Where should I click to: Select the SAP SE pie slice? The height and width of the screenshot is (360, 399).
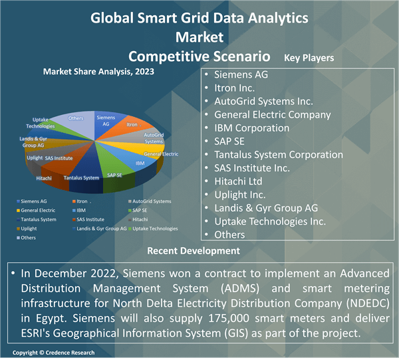pyautogui.click(x=114, y=175)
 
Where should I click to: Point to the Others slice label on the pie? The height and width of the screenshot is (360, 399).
pyautogui.click(x=76, y=118)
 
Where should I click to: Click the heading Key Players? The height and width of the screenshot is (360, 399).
pyautogui.click(x=309, y=58)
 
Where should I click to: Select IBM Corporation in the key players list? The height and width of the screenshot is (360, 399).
pyautogui.click(x=251, y=128)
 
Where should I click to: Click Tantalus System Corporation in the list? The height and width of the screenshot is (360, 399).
pyautogui.click(x=279, y=154)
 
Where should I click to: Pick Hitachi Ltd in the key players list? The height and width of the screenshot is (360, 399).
pyautogui.click(x=238, y=181)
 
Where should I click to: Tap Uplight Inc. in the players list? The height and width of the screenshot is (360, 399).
pyautogui.click(x=239, y=195)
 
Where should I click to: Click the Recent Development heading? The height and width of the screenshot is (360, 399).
pyautogui.click(x=194, y=251)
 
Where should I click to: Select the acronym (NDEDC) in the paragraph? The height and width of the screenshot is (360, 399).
pyautogui.click(x=364, y=305)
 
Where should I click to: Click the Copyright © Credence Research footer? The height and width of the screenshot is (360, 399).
pyautogui.click(x=54, y=352)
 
